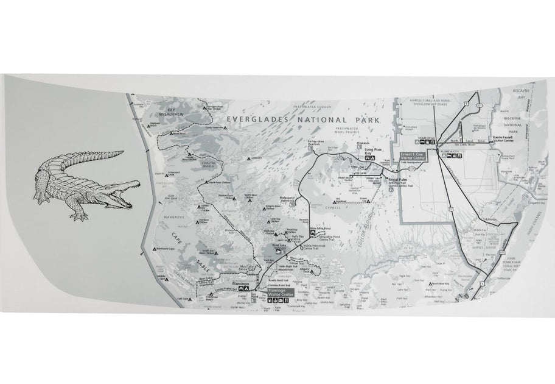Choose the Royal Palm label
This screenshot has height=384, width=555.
click(398, 180)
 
